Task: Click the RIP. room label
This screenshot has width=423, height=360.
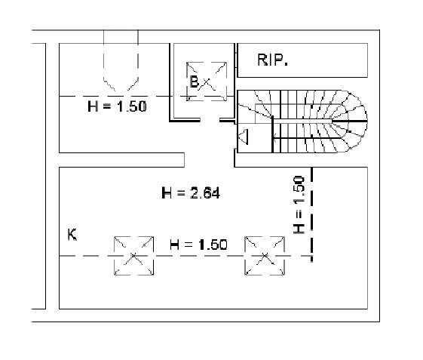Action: point(273,60)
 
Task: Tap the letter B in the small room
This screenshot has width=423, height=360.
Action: point(194,82)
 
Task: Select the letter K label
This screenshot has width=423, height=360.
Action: point(72,235)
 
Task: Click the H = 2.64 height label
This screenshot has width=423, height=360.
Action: point(191,193)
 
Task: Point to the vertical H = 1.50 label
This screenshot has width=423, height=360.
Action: point(299,205)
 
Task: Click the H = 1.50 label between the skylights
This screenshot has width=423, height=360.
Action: point(198,245)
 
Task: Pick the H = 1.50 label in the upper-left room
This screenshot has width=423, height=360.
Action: point(117,106)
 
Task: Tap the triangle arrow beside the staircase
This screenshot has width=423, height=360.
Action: point(243,137)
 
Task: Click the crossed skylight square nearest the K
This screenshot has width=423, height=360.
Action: point(133,256)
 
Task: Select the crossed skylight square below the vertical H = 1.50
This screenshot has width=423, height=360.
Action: point(265,256)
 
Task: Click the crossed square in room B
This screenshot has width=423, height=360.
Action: point(207,82)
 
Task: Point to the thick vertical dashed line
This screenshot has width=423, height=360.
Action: point(312,214)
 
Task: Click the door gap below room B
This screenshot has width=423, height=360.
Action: point(210,120)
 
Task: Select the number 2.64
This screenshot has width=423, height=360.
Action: point(205,193)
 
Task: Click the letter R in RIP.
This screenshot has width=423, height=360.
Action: point(262,60)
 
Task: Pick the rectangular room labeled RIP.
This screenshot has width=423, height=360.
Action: point(302,60)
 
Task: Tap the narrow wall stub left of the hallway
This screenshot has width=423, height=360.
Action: point(121,160)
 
